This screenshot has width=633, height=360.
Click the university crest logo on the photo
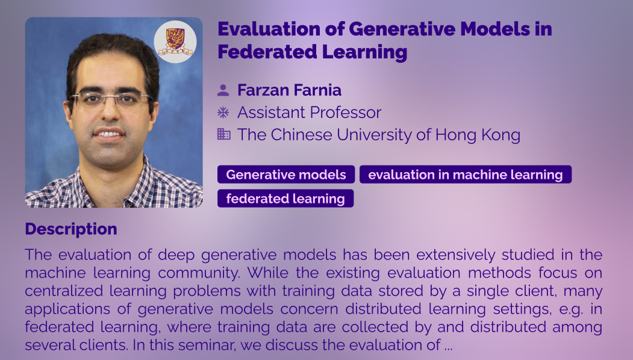[x=175, y=42]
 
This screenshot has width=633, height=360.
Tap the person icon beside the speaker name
[x=223, y=90]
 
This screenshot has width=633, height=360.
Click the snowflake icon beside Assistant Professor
[x=223, y=112]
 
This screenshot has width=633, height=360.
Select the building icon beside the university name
[x=223, y=134]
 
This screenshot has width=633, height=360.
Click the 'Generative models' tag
[x=286, y=175]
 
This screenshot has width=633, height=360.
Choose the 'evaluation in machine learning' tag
[x=466, y=175]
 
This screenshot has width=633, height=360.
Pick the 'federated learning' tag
[x=285, y=199]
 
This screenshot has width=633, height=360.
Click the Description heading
[x=71, y=229]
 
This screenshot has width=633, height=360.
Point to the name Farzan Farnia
[x=290, y=90]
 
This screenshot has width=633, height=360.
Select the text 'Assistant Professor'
[x=309, y=112]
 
